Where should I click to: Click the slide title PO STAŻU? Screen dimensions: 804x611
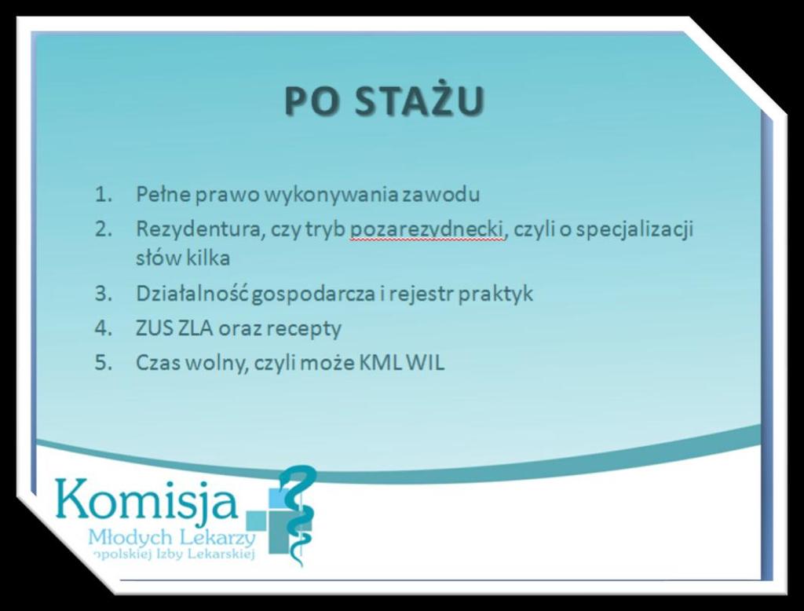[x=385, y=100]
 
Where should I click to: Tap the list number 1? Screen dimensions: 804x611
[x=104, y=195]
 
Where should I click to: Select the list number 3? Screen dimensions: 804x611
[x=104, y=294]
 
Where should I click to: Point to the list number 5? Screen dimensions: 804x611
[x=104, y=363]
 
